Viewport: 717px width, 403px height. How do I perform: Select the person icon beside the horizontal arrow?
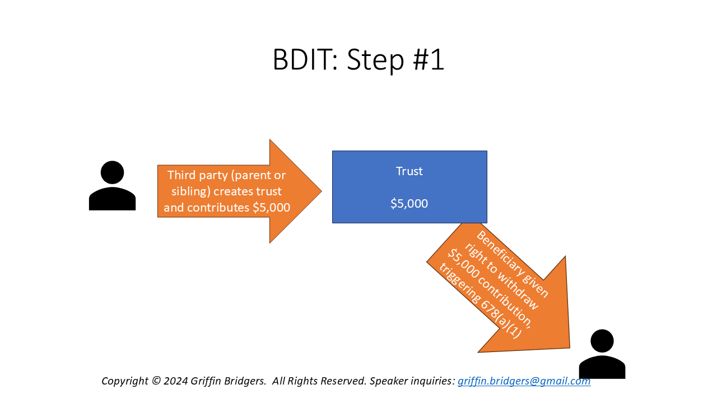tap(112, 186)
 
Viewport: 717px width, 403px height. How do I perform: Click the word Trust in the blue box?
tap(409, 171)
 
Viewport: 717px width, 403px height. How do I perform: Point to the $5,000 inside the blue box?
tap(409, 204)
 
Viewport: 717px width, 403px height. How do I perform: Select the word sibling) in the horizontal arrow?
tap(190, 191)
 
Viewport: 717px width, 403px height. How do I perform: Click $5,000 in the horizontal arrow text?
tap(271, 208)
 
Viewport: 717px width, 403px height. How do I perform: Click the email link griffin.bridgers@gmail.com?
tap(524, 381)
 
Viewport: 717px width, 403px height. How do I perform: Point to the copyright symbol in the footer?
tap(156, 381)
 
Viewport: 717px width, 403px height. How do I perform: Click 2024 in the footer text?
tap(176, 381)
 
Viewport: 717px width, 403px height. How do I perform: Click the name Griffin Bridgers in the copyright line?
tap(228, 381)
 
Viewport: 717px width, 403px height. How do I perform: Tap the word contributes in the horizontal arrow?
tap(218, 208)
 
